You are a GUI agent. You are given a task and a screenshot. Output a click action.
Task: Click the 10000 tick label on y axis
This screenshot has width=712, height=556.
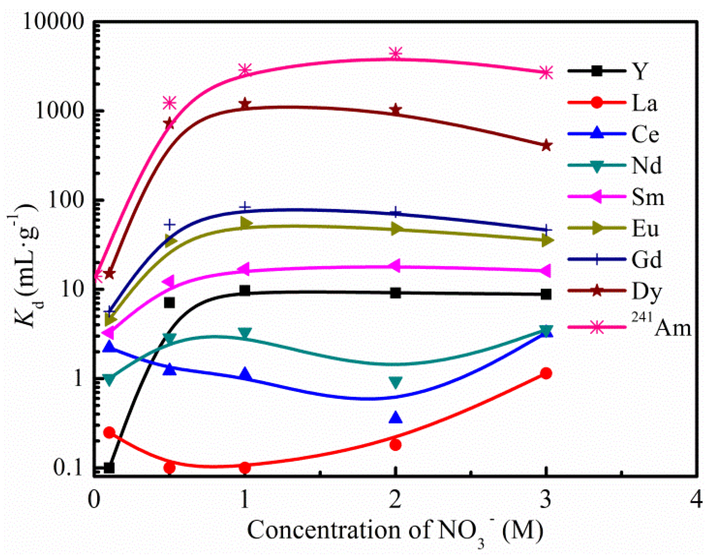click(x=54, y=21)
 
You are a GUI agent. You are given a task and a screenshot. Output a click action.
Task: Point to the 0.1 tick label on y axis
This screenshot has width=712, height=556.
click(x=68, y=468)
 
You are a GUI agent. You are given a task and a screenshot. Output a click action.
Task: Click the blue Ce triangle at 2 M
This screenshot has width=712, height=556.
click(x=395, y=418)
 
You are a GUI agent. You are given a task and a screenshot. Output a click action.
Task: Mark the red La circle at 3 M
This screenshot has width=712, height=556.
click(x=546, y=374)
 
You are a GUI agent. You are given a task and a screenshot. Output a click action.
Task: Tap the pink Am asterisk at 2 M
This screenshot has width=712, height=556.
click(x=395, y=53)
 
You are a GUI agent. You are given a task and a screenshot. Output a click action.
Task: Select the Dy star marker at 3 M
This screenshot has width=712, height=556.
click(x=546, y=145)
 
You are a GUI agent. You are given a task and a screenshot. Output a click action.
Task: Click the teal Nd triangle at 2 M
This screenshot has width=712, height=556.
click(x=395, y=382)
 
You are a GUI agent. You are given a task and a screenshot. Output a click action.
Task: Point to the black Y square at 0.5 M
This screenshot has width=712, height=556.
click(x=169, y=303)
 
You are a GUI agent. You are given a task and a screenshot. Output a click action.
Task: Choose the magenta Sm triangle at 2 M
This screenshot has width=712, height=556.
click(x=395, y=266)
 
